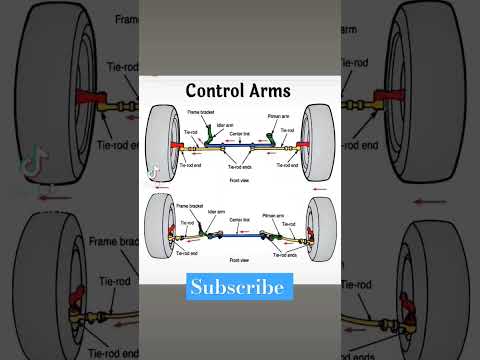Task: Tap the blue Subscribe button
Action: pyautogui.click(x=240, y=287)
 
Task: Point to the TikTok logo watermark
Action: pyautogui.click(x=155, y=172)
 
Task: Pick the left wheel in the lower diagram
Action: pyautogui.click(x=159, y=231)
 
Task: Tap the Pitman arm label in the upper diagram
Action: pyautogui.click(x=279, y=117)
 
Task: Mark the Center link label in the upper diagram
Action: pyautogui.click(x=240, y=132)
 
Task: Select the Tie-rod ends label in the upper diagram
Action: pyautogui.click(x=240, y=165)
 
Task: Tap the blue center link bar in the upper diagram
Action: pyautogui.click(x=240, y=147)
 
